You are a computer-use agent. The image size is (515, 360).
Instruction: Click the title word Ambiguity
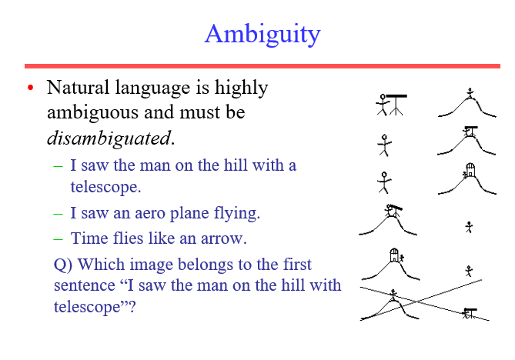pyautogui.click(x=263, y=34)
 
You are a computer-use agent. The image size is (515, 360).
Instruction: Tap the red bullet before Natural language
pyautogui.click(x=31, y=89)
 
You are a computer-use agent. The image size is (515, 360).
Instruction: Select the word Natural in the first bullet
pyautogui.click(x=78, y=88)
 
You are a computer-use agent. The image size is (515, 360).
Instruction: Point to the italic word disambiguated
pyautogui.click(x=110, y=138)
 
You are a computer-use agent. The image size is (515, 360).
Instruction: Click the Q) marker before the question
pyautogui.click(x=64, y=265)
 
